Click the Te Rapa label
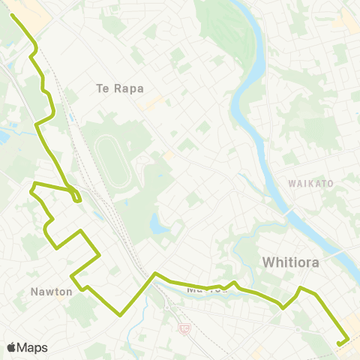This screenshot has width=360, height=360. pos(120,88)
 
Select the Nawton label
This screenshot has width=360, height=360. pos(52,291)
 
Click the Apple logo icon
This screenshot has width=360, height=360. pos(13,346)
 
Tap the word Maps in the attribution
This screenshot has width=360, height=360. pos(32,346)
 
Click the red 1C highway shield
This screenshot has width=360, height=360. pos(184,328)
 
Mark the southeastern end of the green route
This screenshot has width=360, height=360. pos(339,344)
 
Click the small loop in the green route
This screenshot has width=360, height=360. pos(76,197)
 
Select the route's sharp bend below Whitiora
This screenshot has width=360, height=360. pos(283,307)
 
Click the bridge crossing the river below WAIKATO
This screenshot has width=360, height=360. pos(288,212)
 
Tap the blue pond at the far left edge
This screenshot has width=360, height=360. pos(3,137)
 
